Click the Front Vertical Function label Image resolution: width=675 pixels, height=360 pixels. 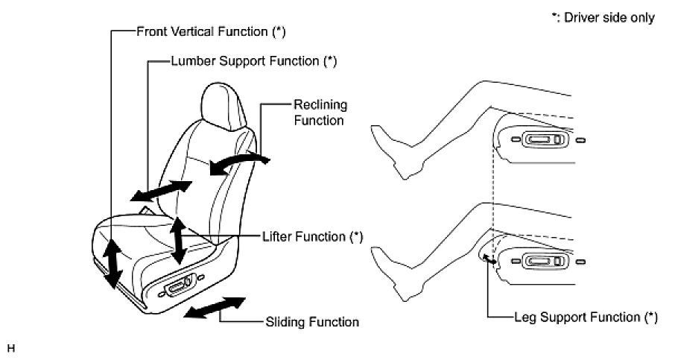(x=211, y=31)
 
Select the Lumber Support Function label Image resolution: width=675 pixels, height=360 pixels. (x=253, y=61)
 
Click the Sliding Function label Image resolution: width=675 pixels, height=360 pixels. (x=312, y=323)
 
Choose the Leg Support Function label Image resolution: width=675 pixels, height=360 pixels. (x=586, y=317)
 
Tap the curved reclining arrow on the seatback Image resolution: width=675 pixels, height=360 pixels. (x=238, y=162)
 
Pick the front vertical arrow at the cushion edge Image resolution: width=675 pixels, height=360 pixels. (x=112, y=264)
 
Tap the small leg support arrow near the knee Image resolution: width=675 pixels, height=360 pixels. (x=489, y=259)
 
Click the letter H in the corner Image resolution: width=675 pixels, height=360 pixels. (x=10, y=347)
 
